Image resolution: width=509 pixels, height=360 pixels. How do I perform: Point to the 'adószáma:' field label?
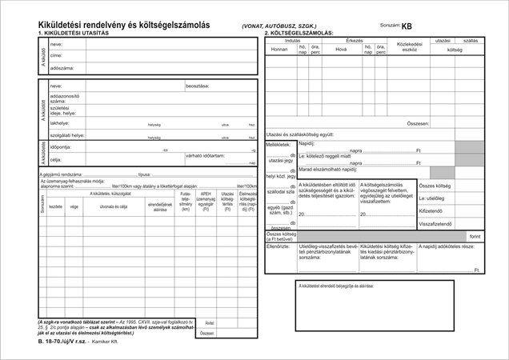pyautogui.click(x=62, y=68)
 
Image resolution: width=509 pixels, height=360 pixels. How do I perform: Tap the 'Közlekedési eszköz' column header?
pyautogui.click(x=398, y=46)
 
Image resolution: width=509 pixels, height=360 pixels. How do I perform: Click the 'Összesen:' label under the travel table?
pyautogui.click(x=418, y=124)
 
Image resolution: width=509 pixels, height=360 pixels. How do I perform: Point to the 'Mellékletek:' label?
pyautogui.click(x=280, y=146)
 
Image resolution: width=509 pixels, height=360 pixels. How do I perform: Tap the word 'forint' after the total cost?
pyautogui.click(x=475, y=237)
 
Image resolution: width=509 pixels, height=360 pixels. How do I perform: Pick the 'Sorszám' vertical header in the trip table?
pyautogui.click(x=42, y=204)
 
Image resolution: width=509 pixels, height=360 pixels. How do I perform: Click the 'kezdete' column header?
pyautogui.click(x=56, y=206)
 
